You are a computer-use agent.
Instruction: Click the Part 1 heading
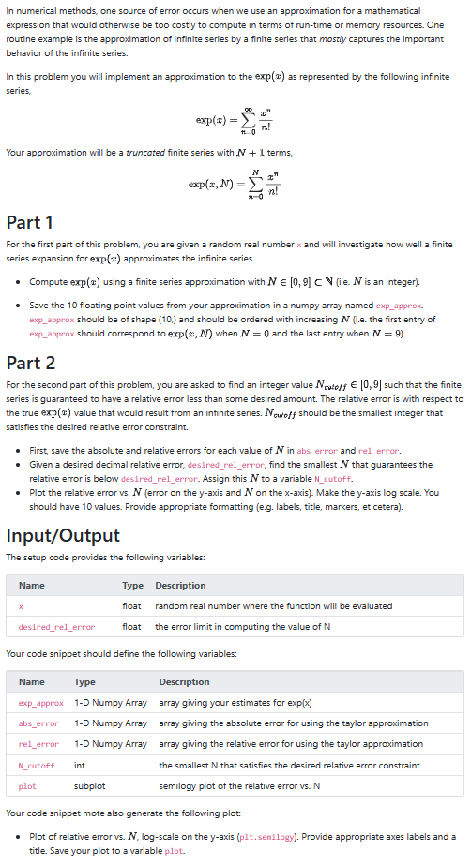pyautogui.click(x=29, y=222)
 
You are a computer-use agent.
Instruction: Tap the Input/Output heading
pyautogui.click(x=62, y=535)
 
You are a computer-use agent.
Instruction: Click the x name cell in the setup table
pyautogui.click(x=21, y=606)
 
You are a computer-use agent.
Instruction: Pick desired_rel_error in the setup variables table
pyautogui.click(x=56, y=627)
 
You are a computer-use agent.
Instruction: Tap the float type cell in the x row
pyautogui.click(x=132, y=606)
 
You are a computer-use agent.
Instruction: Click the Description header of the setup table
pyautogui.click(x=180, y=586)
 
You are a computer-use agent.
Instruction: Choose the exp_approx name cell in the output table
pyautogui.click(x=41, y=702)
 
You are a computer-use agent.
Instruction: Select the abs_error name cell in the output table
pyautogui.click(x=38, y=723)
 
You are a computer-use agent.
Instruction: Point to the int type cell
pyautogui.click(x=79, y=766)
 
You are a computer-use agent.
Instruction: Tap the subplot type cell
pyautogui.click(x=89, y=786)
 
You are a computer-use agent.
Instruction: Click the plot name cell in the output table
pyautogui.click(x=27, y=786)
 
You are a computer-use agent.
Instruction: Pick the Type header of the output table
pyautogui.click(x=84, y=681)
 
